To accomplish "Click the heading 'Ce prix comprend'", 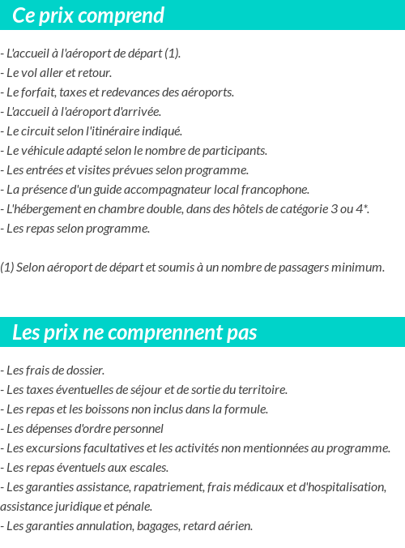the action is [x=88, y=15].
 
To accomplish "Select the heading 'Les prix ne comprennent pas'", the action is [x=134, y=332].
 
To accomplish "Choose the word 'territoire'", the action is [x=260, y=389].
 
